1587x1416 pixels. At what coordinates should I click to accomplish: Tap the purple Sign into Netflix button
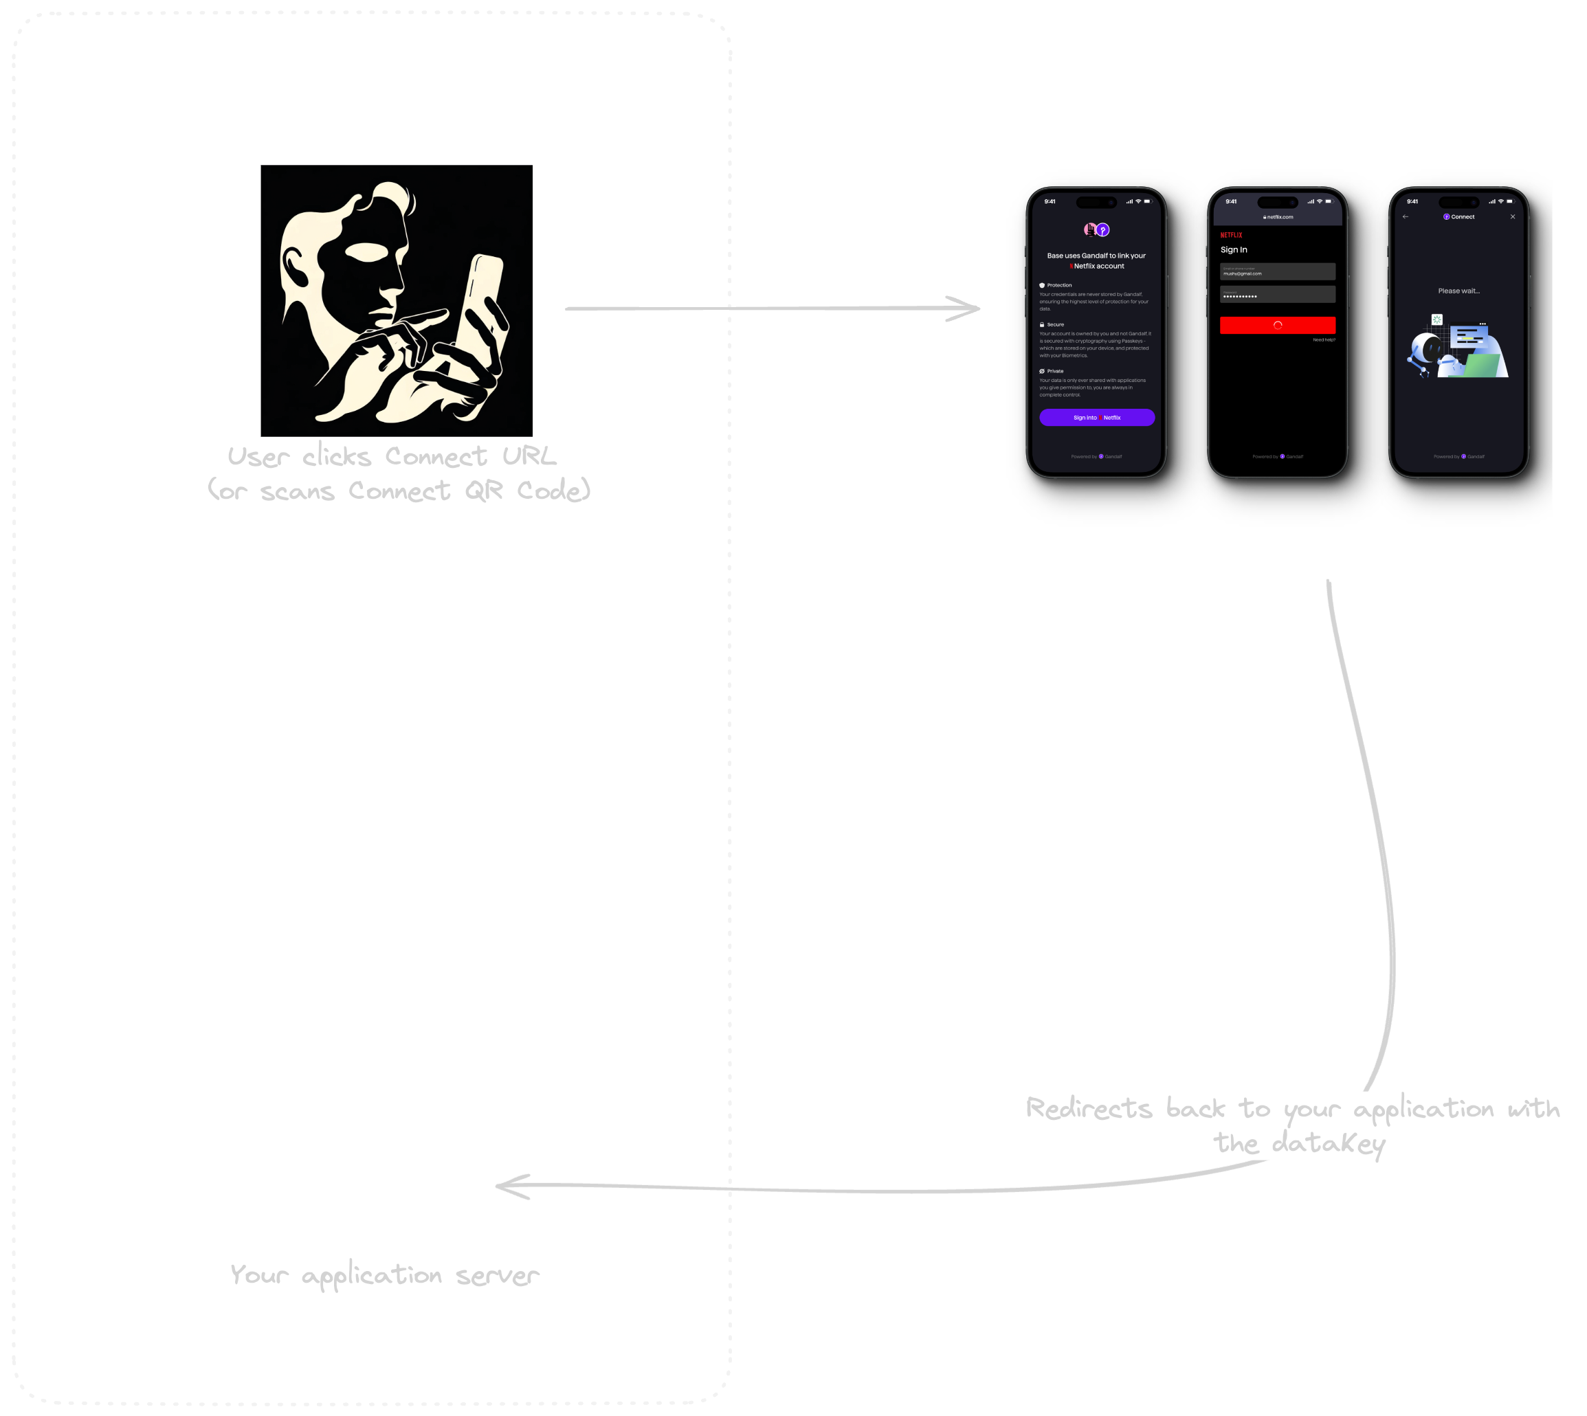[1097, 418]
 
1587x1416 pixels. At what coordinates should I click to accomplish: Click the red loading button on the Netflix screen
[1277, 325]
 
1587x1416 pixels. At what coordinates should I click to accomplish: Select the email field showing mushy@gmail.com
[1277, 271]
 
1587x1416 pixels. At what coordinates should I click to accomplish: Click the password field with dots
[1277, 295]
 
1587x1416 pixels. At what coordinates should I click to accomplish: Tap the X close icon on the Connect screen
[1512, 217]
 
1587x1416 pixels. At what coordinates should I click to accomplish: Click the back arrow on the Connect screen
[1405, 217]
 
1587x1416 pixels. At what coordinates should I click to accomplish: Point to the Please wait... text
[1458, 291]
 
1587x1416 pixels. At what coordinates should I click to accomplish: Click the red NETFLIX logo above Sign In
[1231, 235]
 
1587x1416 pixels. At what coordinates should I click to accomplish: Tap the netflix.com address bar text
[1278, 217]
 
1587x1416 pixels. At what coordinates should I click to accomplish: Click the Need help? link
[1323, 340]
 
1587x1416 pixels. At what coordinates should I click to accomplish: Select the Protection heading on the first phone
[1058, 286]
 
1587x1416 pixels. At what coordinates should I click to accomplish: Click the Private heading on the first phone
[1054, 371]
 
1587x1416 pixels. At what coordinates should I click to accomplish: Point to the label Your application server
[384, 1275]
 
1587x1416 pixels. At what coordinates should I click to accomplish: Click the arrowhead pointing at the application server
[511, 1186]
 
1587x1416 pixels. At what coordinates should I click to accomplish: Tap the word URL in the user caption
[529, 456]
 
